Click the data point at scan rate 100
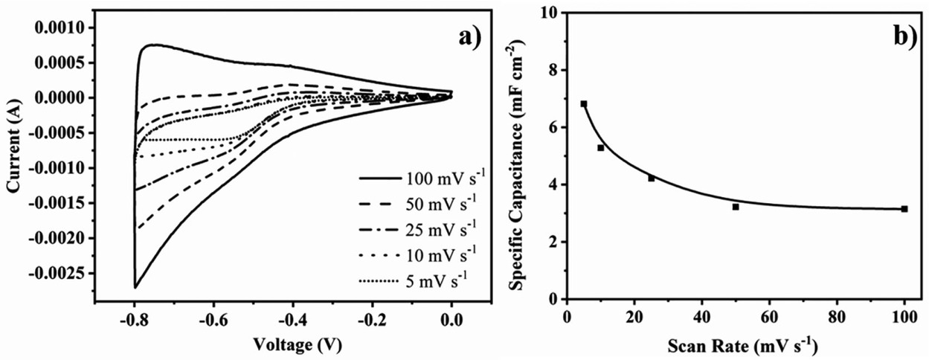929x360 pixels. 904,209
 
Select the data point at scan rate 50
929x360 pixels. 736,207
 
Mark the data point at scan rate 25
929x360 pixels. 652,179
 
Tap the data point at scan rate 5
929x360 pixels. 584,104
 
